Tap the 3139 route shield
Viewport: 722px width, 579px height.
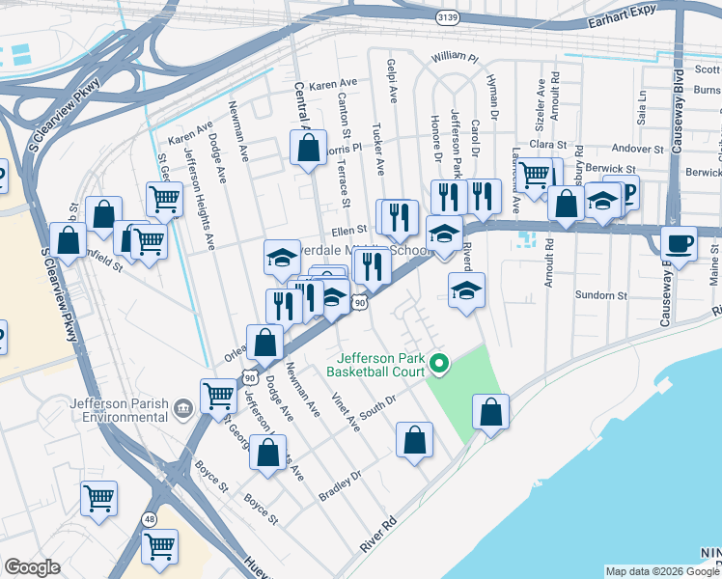coord(447,17)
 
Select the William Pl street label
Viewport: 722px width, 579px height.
coord(455,58)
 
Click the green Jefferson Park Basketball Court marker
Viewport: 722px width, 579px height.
coord(439,364)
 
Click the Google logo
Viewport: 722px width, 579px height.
coord(32,567)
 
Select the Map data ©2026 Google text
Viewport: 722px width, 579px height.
coord(661,571)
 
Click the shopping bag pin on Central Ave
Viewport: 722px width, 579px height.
coord(308,149)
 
